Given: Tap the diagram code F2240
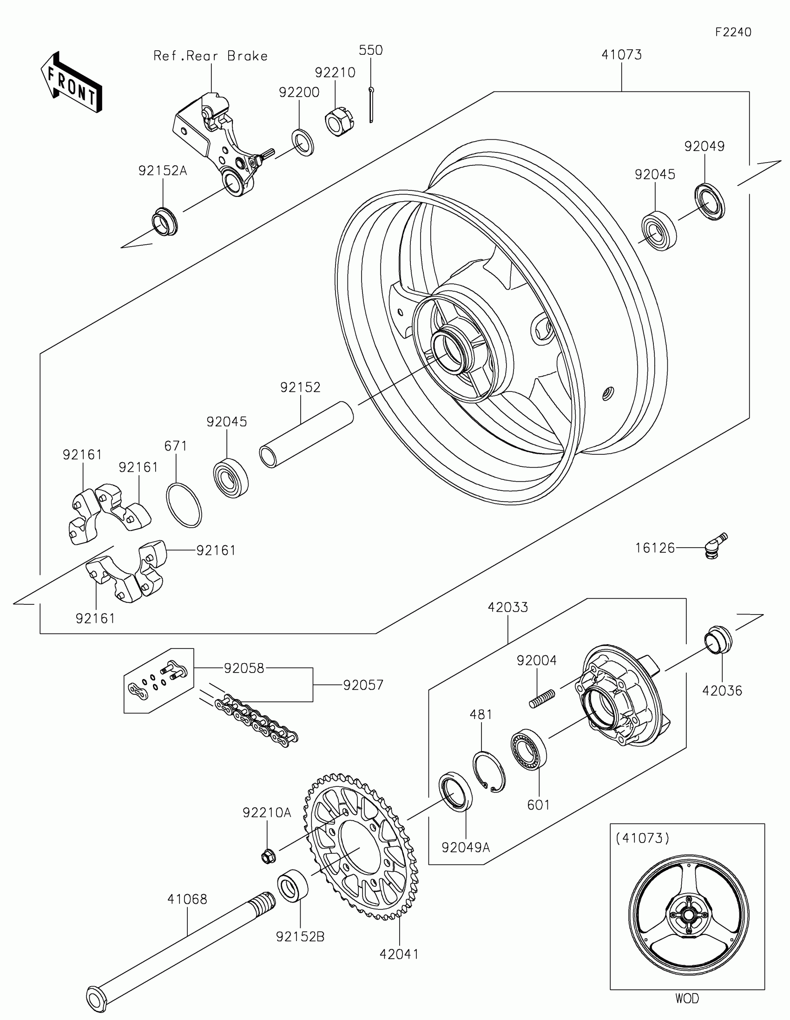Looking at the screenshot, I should click(x=733, y=32).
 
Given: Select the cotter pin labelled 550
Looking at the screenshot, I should click(x=371, y=105).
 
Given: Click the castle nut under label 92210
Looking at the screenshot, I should click(x=339, y=121).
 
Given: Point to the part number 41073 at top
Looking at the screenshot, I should click(x=621, y=55).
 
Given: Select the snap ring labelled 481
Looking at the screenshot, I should click(x=489, y=772).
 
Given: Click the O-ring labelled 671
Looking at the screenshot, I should click(x=184, y=505).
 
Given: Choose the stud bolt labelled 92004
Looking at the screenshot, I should click(x=542, y=698).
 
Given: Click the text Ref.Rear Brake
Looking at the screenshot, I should click(x=211, y=57).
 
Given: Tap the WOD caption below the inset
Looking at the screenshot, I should click(x=687, y=999).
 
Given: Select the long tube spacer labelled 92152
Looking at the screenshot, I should click(x=306, y=434).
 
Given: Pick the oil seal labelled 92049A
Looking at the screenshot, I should click(x=455, y=791).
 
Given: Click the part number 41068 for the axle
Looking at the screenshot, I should click(x=187, y=899).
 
